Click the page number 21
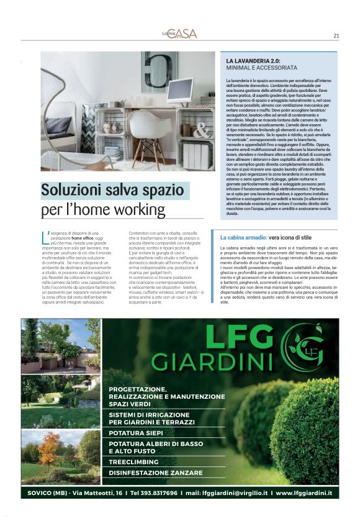[336, 35]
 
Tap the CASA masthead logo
[182, 34]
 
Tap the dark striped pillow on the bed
[58, 125]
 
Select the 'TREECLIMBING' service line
[133, 462]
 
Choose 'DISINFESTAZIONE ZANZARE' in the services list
[155, 473]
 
